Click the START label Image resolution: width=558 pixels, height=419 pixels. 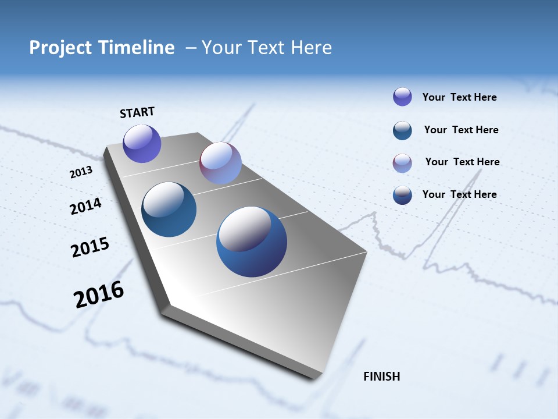[137, 112]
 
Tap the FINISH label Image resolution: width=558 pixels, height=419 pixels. [381, 377]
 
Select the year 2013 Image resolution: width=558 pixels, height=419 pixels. [81, 172]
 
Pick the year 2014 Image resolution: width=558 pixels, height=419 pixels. [85, 207]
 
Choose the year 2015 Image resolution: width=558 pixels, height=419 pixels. [90, 247]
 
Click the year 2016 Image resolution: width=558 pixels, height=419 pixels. [99, 294]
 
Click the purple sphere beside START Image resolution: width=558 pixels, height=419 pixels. [142, 143]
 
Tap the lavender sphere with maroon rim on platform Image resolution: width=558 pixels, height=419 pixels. [220, 163]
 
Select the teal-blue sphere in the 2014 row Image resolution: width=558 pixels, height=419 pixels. [169, 210]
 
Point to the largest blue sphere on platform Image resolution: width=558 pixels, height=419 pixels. [252, 242]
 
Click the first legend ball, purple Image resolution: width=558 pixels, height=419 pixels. [402, 97]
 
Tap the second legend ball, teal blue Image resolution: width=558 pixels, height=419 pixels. [402, 130]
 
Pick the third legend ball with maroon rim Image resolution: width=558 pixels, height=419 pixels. [402, 163]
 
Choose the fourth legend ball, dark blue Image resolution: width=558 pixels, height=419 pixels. [402, 195]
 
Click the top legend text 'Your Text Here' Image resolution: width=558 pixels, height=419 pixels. [459, 97]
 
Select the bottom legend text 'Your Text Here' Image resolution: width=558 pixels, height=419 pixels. [459, 194]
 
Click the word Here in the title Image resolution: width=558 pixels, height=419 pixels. [311, 48]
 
